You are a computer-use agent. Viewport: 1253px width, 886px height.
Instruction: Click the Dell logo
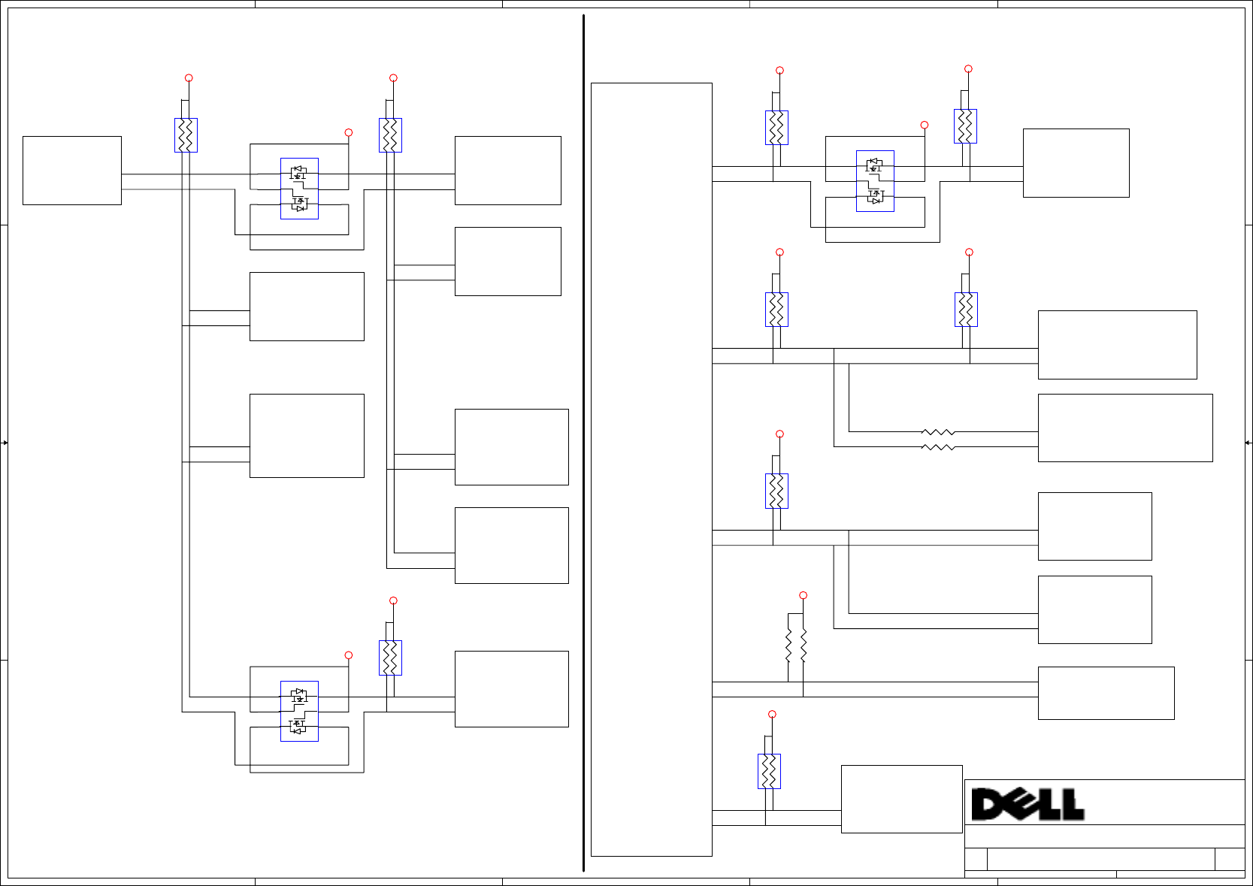(1027, 804)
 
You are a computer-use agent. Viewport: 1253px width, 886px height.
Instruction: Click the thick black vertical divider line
(583, 443)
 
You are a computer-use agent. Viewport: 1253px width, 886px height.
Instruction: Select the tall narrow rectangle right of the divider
(651, 469)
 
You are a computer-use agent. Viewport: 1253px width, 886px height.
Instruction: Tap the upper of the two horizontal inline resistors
(937, 432)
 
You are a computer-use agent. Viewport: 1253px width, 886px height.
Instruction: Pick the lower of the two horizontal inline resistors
(937, 447)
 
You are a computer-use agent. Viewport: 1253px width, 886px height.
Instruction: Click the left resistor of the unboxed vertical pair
(788, 645)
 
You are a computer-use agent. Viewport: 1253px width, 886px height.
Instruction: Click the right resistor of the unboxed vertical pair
(804, 645)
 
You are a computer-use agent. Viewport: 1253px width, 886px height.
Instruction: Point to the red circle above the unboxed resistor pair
(803, 595)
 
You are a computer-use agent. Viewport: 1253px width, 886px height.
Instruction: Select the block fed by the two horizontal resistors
(1124, 428)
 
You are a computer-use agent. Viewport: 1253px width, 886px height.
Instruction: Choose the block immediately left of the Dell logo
(901, 799)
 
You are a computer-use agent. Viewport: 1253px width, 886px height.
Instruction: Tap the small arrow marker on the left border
(5, 443)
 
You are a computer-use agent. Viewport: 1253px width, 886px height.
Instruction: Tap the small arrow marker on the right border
(1248, 443)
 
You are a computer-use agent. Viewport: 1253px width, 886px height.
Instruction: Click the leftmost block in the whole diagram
(71, 171)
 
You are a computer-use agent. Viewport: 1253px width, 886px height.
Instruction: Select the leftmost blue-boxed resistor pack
(186, 135)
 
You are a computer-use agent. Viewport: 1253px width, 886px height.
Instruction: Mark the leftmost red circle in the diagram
(189, 78)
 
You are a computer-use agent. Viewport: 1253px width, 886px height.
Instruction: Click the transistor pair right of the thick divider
(875, 181)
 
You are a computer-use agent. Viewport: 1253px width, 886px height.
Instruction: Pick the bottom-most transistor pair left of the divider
(299, 711)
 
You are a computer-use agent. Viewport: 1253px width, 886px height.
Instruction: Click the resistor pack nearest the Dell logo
(769, 771)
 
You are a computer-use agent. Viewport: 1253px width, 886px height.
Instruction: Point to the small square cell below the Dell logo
(976, 859)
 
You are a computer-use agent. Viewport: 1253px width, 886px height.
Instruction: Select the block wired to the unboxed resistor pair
(1106, 693)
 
